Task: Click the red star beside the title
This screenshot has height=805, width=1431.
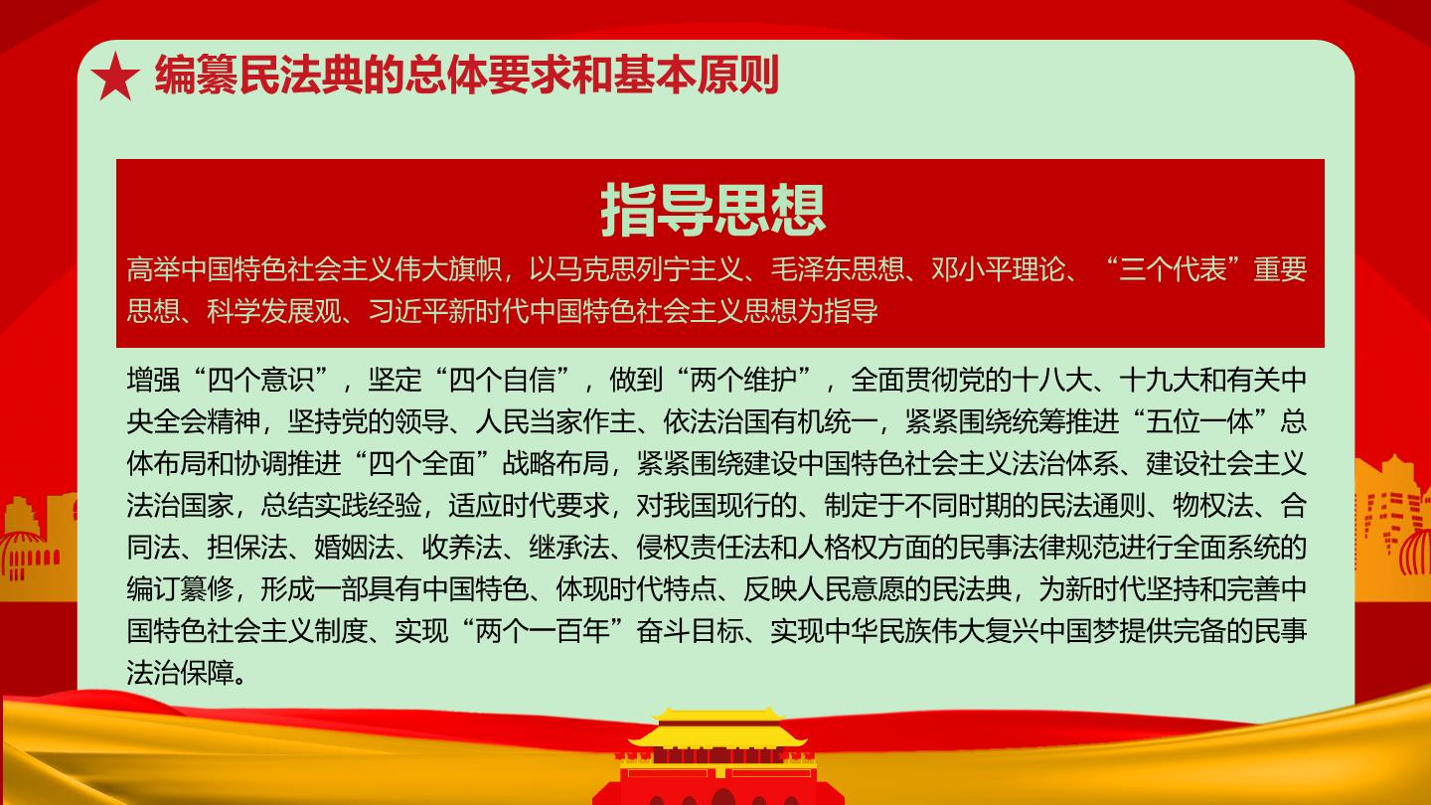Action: pos(115,77)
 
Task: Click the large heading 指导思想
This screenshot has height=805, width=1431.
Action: pos(714,211)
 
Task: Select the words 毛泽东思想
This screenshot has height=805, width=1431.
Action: pos(838,269)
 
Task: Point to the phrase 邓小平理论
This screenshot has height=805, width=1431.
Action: pos(999,269)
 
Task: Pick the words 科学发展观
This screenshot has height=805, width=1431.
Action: pos(274,311)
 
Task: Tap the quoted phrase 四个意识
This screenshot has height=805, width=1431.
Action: pos(260,380)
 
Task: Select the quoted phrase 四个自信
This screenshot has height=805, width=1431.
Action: pos(502,380)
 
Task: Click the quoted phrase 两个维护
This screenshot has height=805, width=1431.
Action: pos(743,380)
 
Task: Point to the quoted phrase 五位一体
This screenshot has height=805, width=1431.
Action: pos(1199,421)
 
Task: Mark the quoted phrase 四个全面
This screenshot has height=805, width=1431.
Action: pos(421,464)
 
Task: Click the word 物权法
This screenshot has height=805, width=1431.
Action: pos(1213,505)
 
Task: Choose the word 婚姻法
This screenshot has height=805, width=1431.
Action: pos(355,547)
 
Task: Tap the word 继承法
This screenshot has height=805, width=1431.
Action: pos(569,547)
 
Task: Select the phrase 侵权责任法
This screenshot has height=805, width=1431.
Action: pos(704,547)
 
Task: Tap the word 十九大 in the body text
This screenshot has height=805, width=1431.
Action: pos(1160,380)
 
